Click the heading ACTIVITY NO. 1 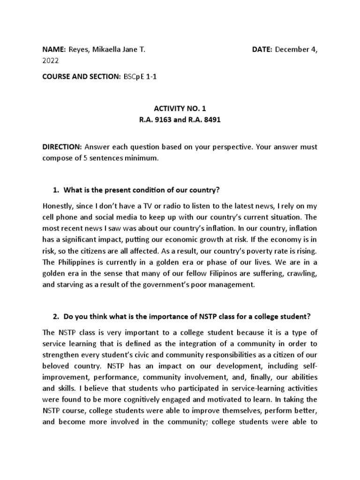tap(180, 108)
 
